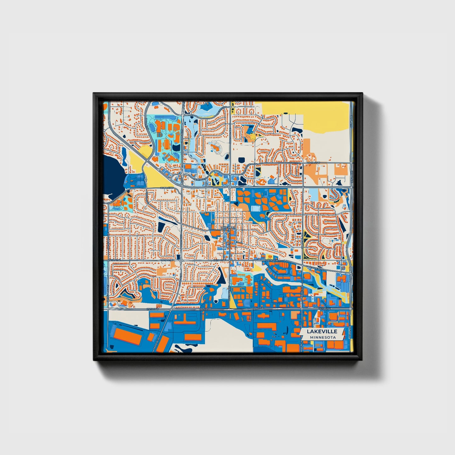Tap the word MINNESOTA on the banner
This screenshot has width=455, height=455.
click(x=322, y=337)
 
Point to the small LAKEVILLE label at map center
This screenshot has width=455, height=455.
click(x=227, y=227)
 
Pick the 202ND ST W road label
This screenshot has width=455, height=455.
click(x=167, y=188)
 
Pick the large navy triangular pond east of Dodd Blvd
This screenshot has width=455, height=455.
click(x=223, y=277)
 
